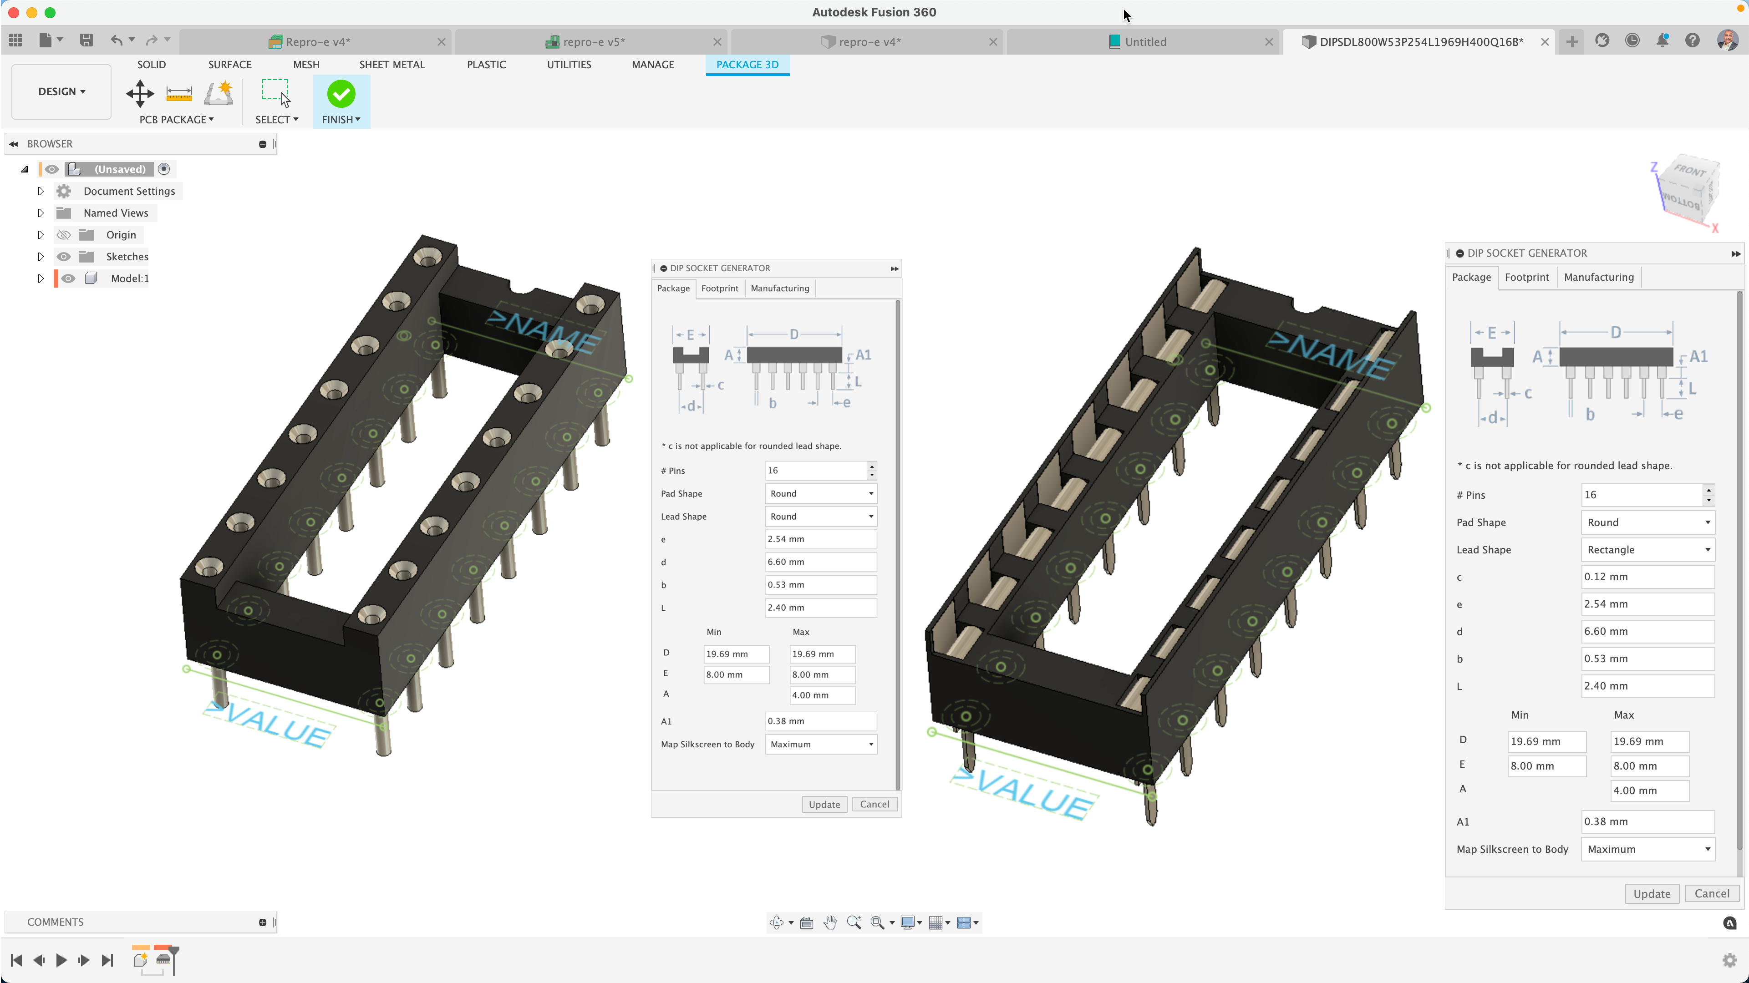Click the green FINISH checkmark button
pos(341,94)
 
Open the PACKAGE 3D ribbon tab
pos(747,65)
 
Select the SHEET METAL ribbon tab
pos(392,65)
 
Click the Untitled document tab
pos(1145,41)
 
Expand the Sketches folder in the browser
pos(40,257)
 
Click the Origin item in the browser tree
pos(121,235)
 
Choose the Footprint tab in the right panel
pos(1526,277)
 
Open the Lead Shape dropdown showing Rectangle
pos(1647,550)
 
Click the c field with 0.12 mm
pos(1647,577)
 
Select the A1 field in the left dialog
pos(820,721)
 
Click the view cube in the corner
pos(1687,190)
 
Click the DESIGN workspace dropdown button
pos(61,91)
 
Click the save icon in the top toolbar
pos(86,41)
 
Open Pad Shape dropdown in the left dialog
pos(820,493)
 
